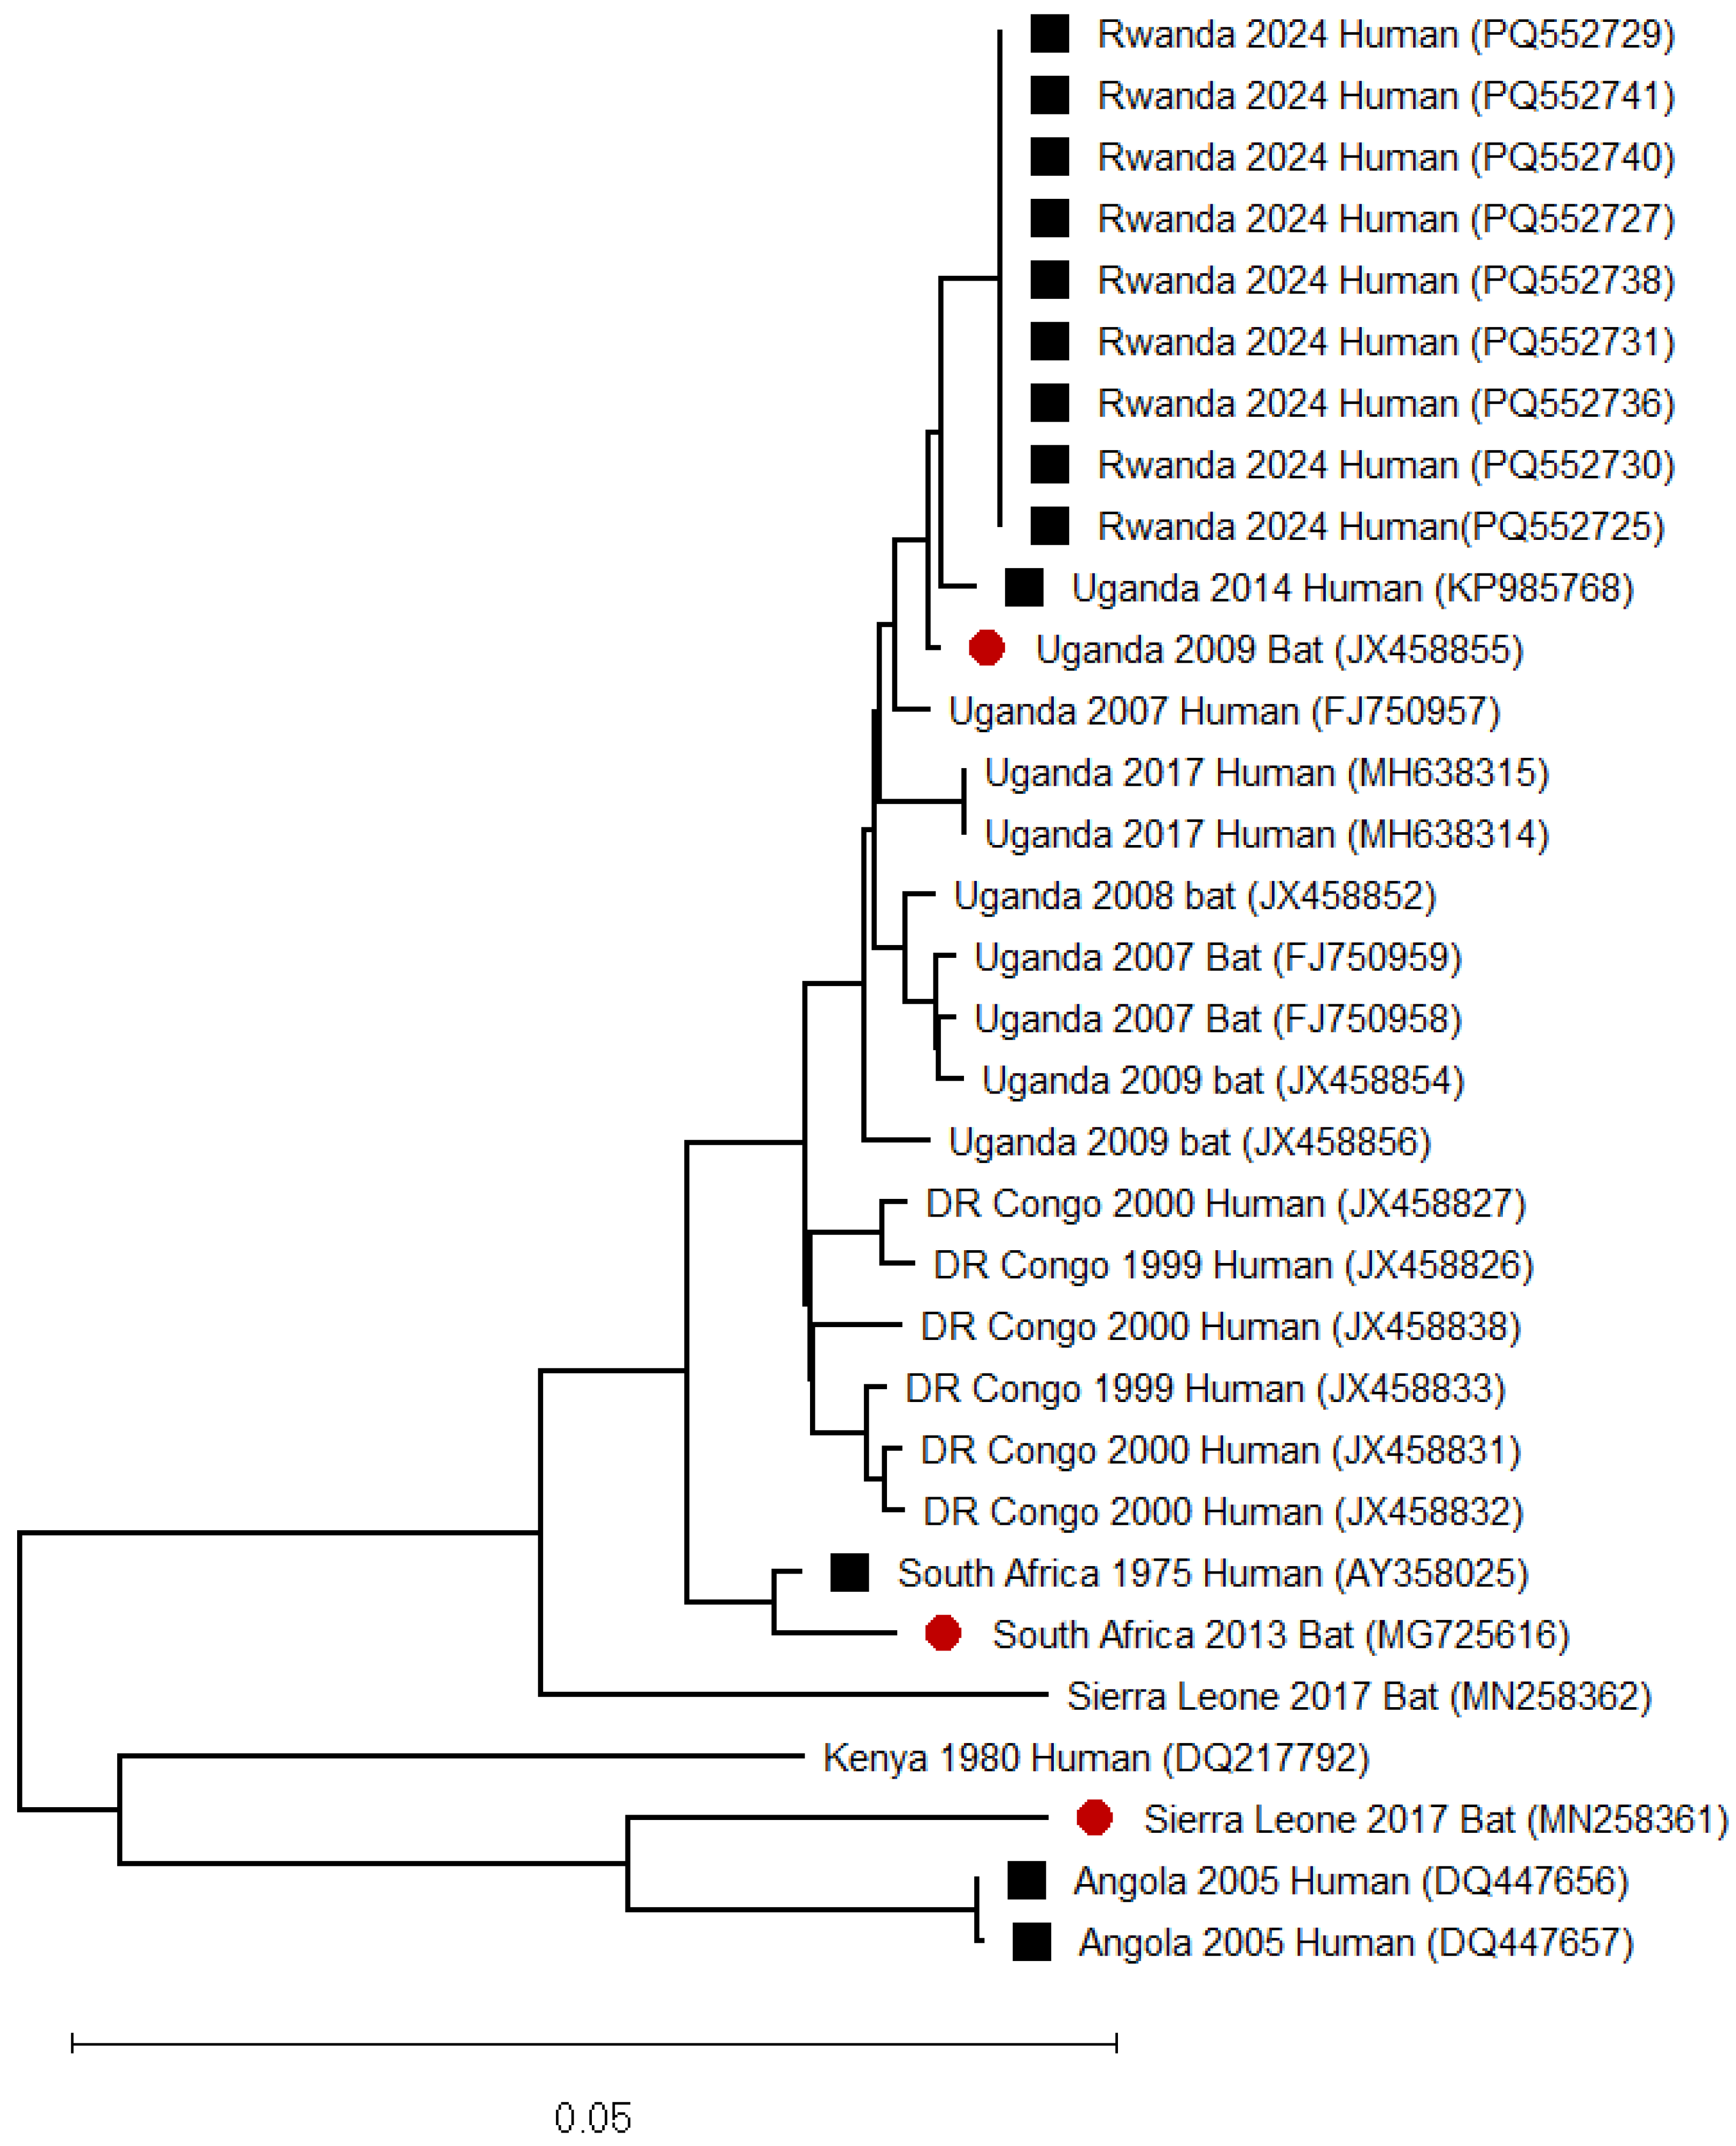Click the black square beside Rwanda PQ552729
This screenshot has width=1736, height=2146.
[1049, 34]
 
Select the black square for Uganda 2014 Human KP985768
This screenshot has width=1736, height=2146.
[1024, 588]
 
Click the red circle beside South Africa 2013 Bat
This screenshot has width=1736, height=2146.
[942, 1633]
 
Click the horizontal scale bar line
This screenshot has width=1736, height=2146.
[594, 2044]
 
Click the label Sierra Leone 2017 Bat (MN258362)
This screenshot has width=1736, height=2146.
[1358, 1696]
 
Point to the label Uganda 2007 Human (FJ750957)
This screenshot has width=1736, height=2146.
[1224, 711]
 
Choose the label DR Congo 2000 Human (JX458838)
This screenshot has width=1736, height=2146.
[1220, 1327]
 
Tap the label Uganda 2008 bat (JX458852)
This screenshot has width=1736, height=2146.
[1194, 896]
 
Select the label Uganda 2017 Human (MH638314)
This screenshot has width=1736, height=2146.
[1266, 834]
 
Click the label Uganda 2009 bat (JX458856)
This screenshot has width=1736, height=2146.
[1189, 1142]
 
